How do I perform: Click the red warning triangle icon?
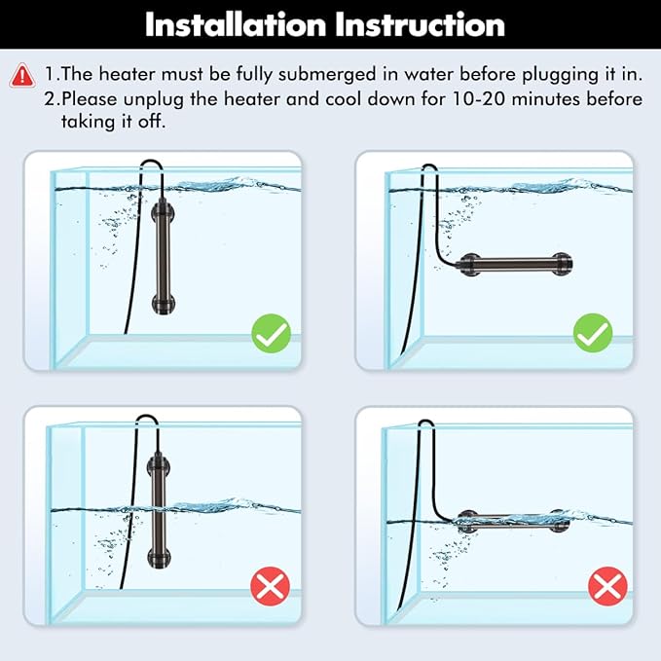pos(20,75)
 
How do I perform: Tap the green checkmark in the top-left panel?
pos(271,335)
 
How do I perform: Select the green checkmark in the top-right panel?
pos(592,335)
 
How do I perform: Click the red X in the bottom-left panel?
pos(271,586)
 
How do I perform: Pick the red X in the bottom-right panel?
pos(607,586)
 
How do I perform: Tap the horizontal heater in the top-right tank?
pos(511,263)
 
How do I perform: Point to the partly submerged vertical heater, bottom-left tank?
pos(156,506)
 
